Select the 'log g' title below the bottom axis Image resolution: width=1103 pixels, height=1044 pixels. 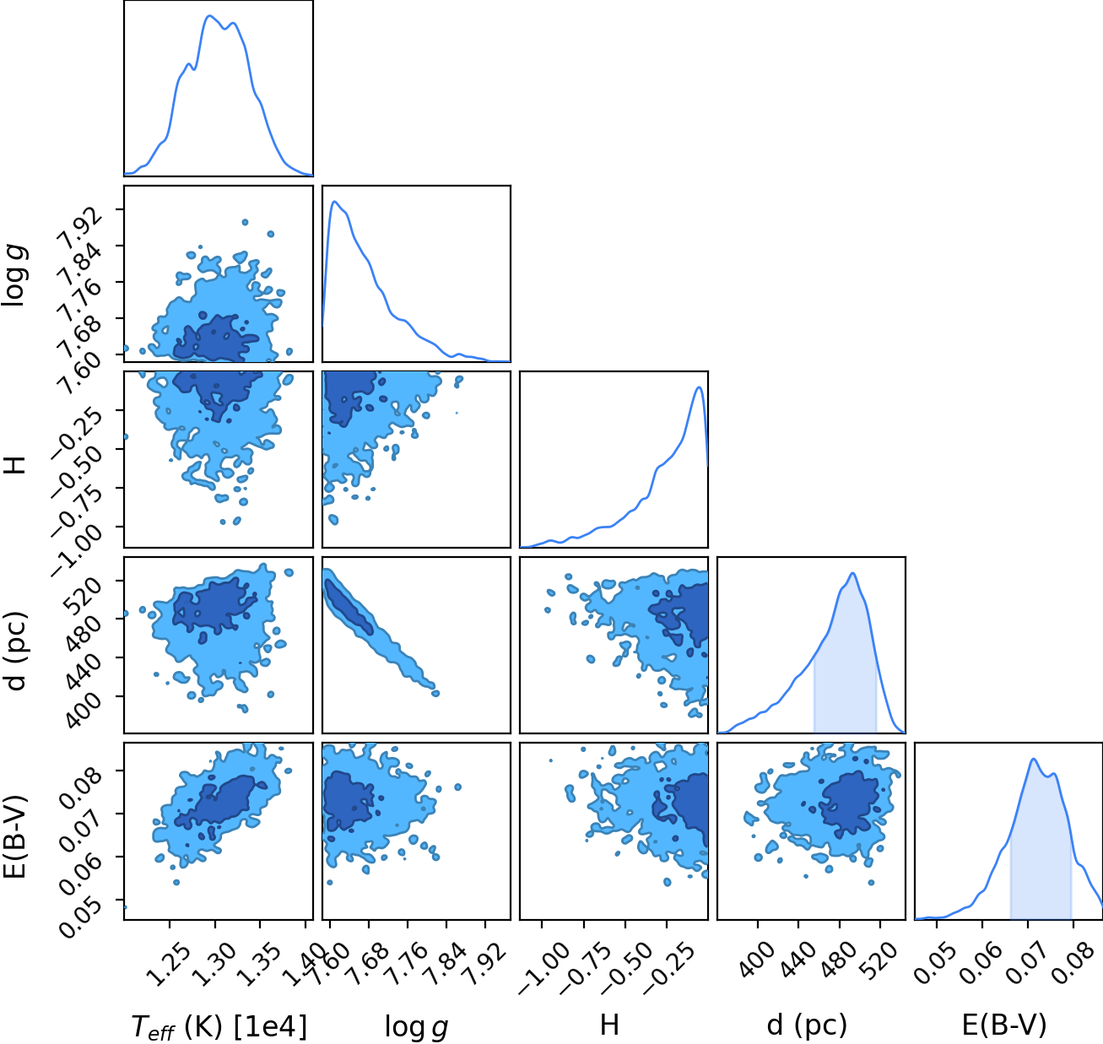[x=416, y=1026]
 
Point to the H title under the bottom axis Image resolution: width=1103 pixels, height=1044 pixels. [x=610, y=1025]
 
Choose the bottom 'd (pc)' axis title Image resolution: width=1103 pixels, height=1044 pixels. [x=807, y=1025]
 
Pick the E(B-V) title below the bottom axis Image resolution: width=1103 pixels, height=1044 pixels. [x=1004, y=1025]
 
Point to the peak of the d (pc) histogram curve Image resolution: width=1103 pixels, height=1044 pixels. [x=852, y=573]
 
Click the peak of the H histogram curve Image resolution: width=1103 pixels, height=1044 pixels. [x=699, y=387]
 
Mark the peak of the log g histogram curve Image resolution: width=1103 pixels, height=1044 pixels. [x=334, y=201]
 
